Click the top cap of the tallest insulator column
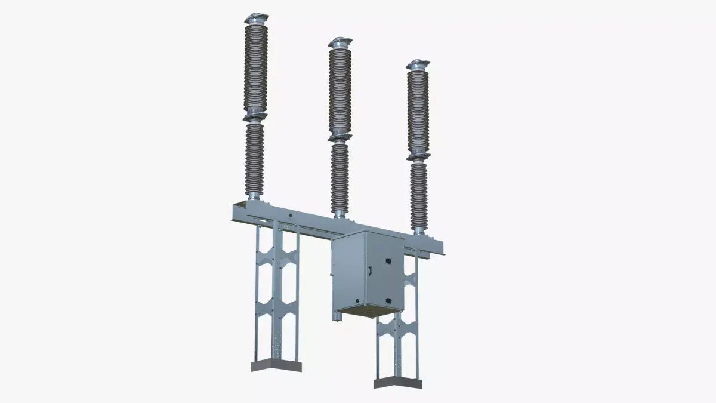point(256,17)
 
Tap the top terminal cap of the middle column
point(340,41)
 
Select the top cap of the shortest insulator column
point(418,64)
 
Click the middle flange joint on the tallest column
point(255,116)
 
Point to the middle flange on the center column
point(340,137)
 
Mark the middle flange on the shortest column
point(418,156)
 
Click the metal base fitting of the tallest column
point(254,196)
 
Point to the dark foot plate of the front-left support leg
point(276,365)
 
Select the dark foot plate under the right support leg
point(397,382)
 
